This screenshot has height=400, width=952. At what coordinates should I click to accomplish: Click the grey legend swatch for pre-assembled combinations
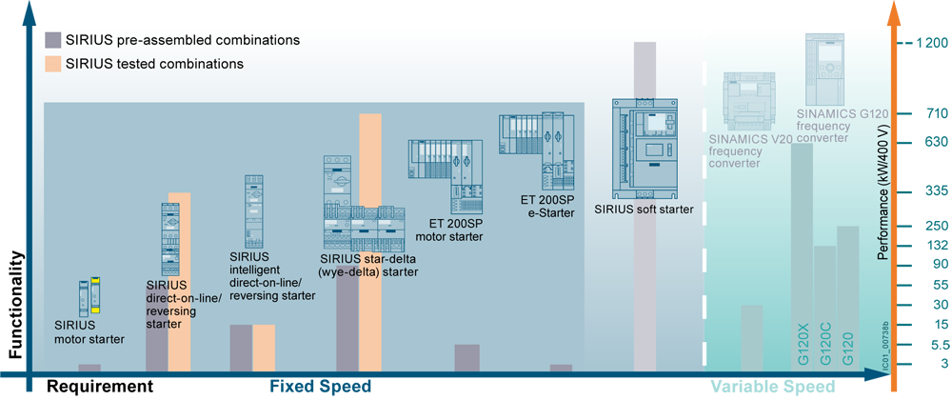[x=53, y=40]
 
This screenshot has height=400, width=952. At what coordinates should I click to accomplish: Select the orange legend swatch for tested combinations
[x=53, y=64]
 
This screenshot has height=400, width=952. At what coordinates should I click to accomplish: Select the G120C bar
[x=825, y=305]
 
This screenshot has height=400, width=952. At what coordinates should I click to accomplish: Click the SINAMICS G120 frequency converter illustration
[x=824, y=69]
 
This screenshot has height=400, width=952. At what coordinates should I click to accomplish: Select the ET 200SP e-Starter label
[x=547, y=207]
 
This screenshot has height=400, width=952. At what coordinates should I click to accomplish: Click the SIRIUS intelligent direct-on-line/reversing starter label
[x=272, y=276]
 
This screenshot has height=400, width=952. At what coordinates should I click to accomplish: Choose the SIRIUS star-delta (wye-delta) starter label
[x=369, y=265]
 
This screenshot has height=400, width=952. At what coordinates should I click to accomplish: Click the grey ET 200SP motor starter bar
[x=466, y=357]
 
